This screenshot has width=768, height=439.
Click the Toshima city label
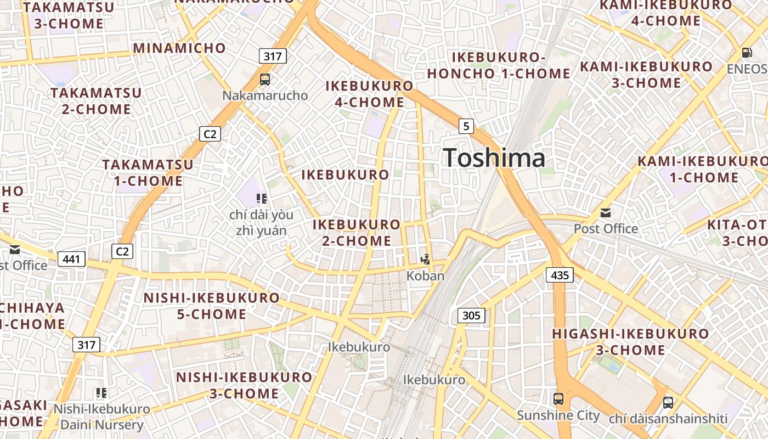[x=494, y=158]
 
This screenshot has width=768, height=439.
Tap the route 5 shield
[x=466, y=126]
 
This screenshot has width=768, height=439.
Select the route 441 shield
[x=71, y=259]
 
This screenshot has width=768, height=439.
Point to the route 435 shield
[x=560, y=275]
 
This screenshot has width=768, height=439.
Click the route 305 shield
[x=471, y=315]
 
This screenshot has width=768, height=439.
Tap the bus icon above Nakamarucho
[x=265, y=79]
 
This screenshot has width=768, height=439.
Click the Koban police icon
[x=425, y=259]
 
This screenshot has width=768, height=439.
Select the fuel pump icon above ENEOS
[x=747, y=53]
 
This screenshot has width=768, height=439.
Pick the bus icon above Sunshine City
[x=558, y=399]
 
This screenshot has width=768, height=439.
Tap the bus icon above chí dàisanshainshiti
[x=668, y=402]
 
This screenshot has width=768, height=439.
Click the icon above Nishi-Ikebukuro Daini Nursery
[x=101, y=393]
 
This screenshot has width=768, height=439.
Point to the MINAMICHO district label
[x=179, y=48]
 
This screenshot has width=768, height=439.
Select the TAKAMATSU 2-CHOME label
[x=97, y=100]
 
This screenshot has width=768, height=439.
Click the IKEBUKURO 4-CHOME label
[x=369, y=94]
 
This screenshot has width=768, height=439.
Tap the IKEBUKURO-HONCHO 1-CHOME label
[x=499, y=65]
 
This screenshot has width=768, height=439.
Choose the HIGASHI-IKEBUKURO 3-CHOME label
[x=630, y=341]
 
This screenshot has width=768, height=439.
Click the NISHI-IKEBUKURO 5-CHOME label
[x=211, y=306]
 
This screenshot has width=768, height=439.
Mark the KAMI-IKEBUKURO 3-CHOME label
[x=646, y=75]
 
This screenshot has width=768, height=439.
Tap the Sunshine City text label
[x=558, y=415]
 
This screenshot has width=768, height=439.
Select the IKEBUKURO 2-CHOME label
[x=357, y=232]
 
